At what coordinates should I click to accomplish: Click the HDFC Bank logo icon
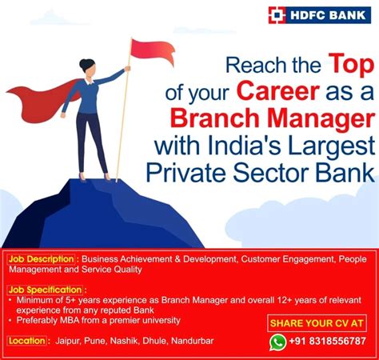tap(277, 14)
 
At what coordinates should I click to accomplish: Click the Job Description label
tap(42, 259)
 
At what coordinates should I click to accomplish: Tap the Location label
tap(27, 341)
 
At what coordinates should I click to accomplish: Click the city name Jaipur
tap(70, 342)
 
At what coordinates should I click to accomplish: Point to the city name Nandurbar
tap(190, 342)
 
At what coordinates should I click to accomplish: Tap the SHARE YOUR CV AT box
tap(317, 323)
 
